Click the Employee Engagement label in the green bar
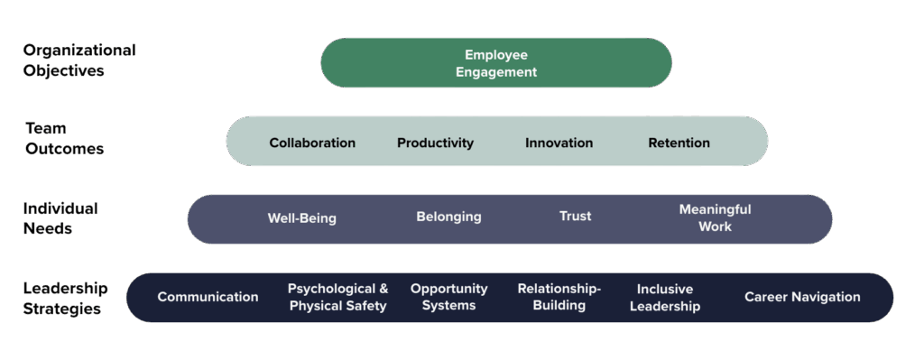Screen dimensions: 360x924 click(x=495, y=63)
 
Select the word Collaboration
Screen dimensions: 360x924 click(x=312, y=143)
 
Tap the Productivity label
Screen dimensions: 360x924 click(x=435, y=143)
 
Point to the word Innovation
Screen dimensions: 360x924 click(x=559, y=143)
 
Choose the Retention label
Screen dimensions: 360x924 click(x=679, y=143)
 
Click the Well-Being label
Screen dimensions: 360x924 click(x=301, y=218)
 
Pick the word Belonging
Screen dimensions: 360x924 click(x=448, y=217)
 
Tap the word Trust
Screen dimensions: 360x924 click(x=575, y=217)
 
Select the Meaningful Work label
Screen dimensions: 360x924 click(x=715, y=217)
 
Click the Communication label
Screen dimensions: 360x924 click(x=208, y=297)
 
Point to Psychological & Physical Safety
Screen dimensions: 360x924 click(x=337, y=297)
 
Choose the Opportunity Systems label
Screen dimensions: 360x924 click(x=448, y=297)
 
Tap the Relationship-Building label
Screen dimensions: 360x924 click(x=559, y=297)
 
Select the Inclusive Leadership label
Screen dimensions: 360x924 click(x=664, y=298)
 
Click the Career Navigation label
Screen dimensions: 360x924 click(x=802, y=297)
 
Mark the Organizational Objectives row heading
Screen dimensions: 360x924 click(x=79, y=60)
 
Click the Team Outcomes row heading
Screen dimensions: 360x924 click(x=64, y=139)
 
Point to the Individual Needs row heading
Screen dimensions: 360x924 click(x=60, y=218)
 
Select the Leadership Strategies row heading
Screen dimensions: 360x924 click(x=65, y=299)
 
